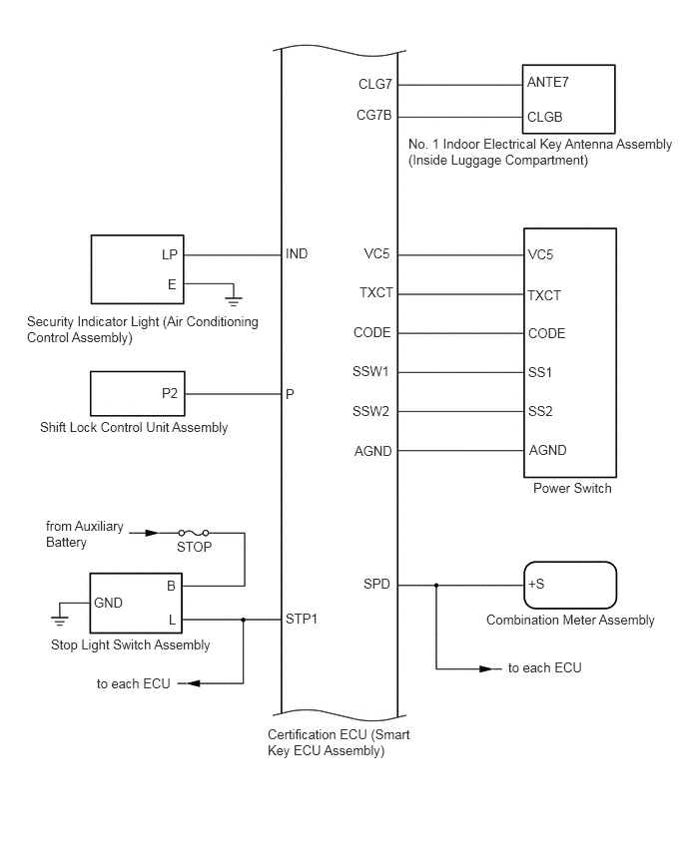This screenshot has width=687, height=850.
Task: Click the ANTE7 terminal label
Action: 547,84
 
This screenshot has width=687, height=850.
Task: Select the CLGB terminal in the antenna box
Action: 544,117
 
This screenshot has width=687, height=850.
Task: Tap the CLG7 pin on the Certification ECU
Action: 373,85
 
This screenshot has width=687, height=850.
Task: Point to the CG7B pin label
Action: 373,116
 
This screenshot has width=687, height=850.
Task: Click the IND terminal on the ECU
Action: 297,254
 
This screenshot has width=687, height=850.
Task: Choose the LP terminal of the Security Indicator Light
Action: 170,254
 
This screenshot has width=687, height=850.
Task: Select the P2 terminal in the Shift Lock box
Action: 170,393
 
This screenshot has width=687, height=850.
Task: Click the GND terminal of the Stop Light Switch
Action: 108,603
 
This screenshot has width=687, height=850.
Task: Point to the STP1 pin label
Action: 302,620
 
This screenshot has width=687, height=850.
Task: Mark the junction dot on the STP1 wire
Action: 244,620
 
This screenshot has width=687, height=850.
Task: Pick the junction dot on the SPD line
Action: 435,585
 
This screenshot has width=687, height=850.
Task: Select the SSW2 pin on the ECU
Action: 371,411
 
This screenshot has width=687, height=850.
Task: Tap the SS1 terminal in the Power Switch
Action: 539,372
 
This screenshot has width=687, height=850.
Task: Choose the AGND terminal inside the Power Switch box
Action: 546,450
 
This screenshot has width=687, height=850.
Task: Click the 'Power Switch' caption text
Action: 572,489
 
